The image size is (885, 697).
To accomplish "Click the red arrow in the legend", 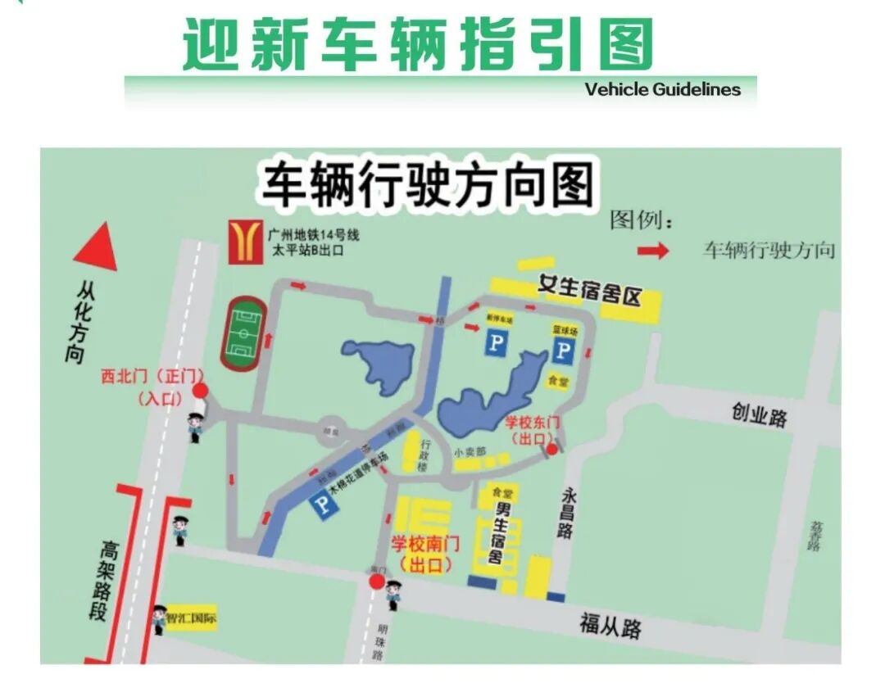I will click(653, 251).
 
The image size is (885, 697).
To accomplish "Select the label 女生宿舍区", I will click(588, 291).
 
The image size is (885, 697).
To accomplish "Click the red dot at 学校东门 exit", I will click(552, 449).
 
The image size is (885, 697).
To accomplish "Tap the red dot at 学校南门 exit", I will click(376, 582).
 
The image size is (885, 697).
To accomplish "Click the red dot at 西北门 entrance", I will click(199, 391).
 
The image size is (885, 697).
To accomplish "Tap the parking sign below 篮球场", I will click(563, 351).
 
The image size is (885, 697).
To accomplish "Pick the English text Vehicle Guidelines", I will click(662, 89).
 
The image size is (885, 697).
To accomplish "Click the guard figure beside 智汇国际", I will click(158, 618).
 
